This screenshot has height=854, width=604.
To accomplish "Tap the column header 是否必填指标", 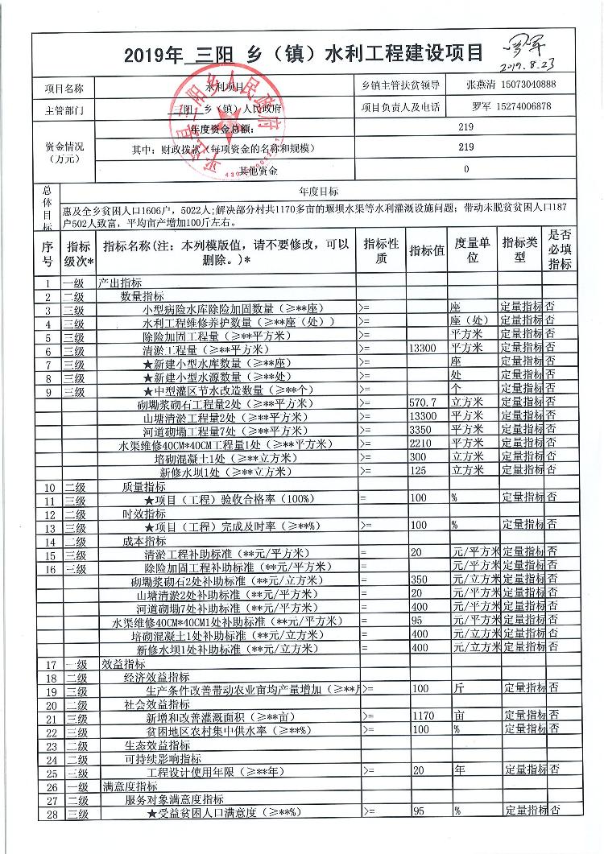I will [x=560, y=249].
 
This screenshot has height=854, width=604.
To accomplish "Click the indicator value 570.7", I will [x=423, y=402].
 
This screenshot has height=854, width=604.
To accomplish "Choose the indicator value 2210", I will [x=421, y=444].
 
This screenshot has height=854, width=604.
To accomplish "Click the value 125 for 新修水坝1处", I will [x=419, y=471].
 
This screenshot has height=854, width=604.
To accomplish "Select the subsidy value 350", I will [x=418, y=580].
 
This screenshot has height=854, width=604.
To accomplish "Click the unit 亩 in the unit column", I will [x=459, y=715].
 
